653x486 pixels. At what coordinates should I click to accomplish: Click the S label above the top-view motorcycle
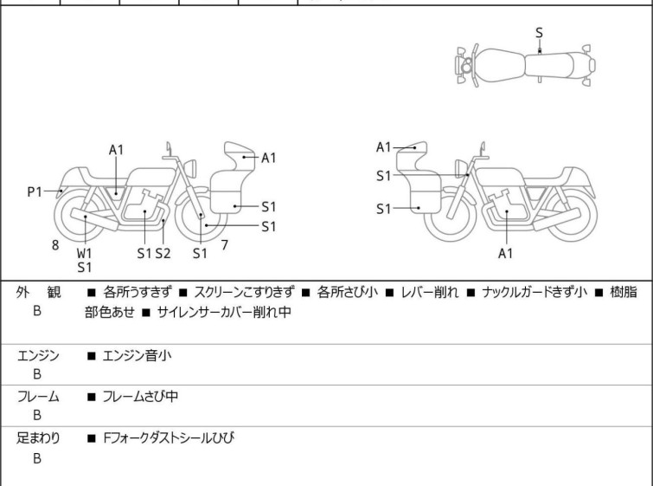(540, 32)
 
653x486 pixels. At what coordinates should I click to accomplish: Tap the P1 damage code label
(35, 191)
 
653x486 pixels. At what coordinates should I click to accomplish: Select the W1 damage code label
(84, 253)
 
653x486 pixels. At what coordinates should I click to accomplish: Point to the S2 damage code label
(163, 253)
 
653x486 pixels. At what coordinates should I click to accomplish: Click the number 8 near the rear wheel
(55, 245)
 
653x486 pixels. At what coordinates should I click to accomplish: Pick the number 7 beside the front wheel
(224, 245)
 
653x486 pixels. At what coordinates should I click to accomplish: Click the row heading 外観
(38, 293)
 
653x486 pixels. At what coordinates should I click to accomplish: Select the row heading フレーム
(38, 397)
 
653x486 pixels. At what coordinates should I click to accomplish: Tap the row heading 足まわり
(38, 438)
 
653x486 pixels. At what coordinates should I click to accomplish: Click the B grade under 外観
(37, 309)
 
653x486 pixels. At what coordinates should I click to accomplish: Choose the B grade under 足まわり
(37, 459)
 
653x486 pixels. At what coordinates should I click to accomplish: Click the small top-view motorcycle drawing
(525, 65)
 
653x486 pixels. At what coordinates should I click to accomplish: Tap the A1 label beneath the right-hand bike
(506, 254)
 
